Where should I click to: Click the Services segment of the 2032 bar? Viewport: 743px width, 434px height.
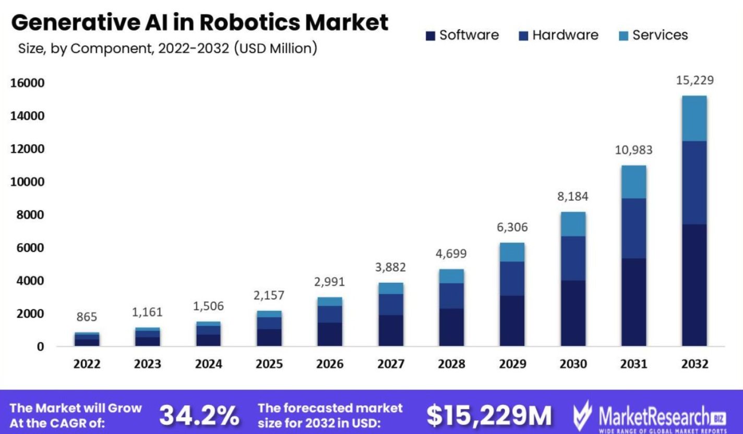click(x=694, y=118)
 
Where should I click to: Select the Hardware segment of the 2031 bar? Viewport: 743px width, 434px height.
click(x=633, y=228)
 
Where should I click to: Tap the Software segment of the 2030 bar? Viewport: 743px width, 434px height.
click(x=573, y=313)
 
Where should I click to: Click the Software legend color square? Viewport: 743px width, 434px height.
click(x=430, y=36)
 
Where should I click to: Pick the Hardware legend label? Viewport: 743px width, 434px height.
click(x=565, y=35)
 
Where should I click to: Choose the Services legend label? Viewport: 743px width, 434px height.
click(x=660, y=35)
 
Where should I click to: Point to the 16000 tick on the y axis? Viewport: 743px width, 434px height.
click(x=25, y=83)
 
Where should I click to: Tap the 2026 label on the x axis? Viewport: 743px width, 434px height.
click(x=330, y=364)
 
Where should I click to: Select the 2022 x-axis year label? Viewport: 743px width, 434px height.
click(x=87, y=364)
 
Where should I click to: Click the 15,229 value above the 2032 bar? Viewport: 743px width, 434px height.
click(x=694, y=80)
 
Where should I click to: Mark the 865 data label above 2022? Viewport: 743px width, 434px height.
click(x=87, y=317)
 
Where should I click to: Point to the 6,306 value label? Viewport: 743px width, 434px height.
click(x=511, y=227)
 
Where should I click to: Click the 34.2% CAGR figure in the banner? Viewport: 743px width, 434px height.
click(x=199, y=415)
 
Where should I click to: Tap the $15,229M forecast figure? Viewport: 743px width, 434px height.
click(x=489, y=415)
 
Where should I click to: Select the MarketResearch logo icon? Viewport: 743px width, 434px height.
click(x=582, y=415)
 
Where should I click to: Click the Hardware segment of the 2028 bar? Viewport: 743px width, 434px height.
click(x=451, y=296)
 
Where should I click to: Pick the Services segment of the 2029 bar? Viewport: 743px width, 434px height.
click(x=511, y=252)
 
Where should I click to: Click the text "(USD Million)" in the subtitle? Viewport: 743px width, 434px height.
click(x=275, y=49)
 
